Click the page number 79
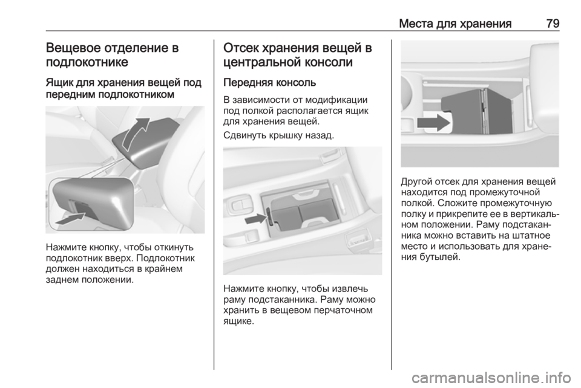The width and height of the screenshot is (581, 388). pyautogui.click(x=553, y=24)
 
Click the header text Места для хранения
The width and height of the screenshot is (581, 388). pyautogui.click(x=455, y=24)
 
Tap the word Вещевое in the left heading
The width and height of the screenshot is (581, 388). pyautogui.click(x=74, y=48)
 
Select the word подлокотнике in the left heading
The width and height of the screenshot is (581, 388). pyautogui.click(x=87, y=62)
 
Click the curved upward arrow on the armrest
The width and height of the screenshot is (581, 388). pyautogui.click(x=135, y=133)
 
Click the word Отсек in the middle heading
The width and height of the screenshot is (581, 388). pyautogui.click(x=241, y=48)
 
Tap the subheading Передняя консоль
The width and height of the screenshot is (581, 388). pyautogui.click(x=270, y=82)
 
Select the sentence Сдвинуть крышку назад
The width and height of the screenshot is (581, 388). pyautogui.click(x=279, y=135)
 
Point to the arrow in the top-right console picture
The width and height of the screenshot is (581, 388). pyautogui.click(x=433, y=123)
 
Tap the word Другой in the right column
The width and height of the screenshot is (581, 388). pyautogui.click(x=416, y=182)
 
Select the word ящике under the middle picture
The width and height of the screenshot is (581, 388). pyautogui.click(x=238, y=321)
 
